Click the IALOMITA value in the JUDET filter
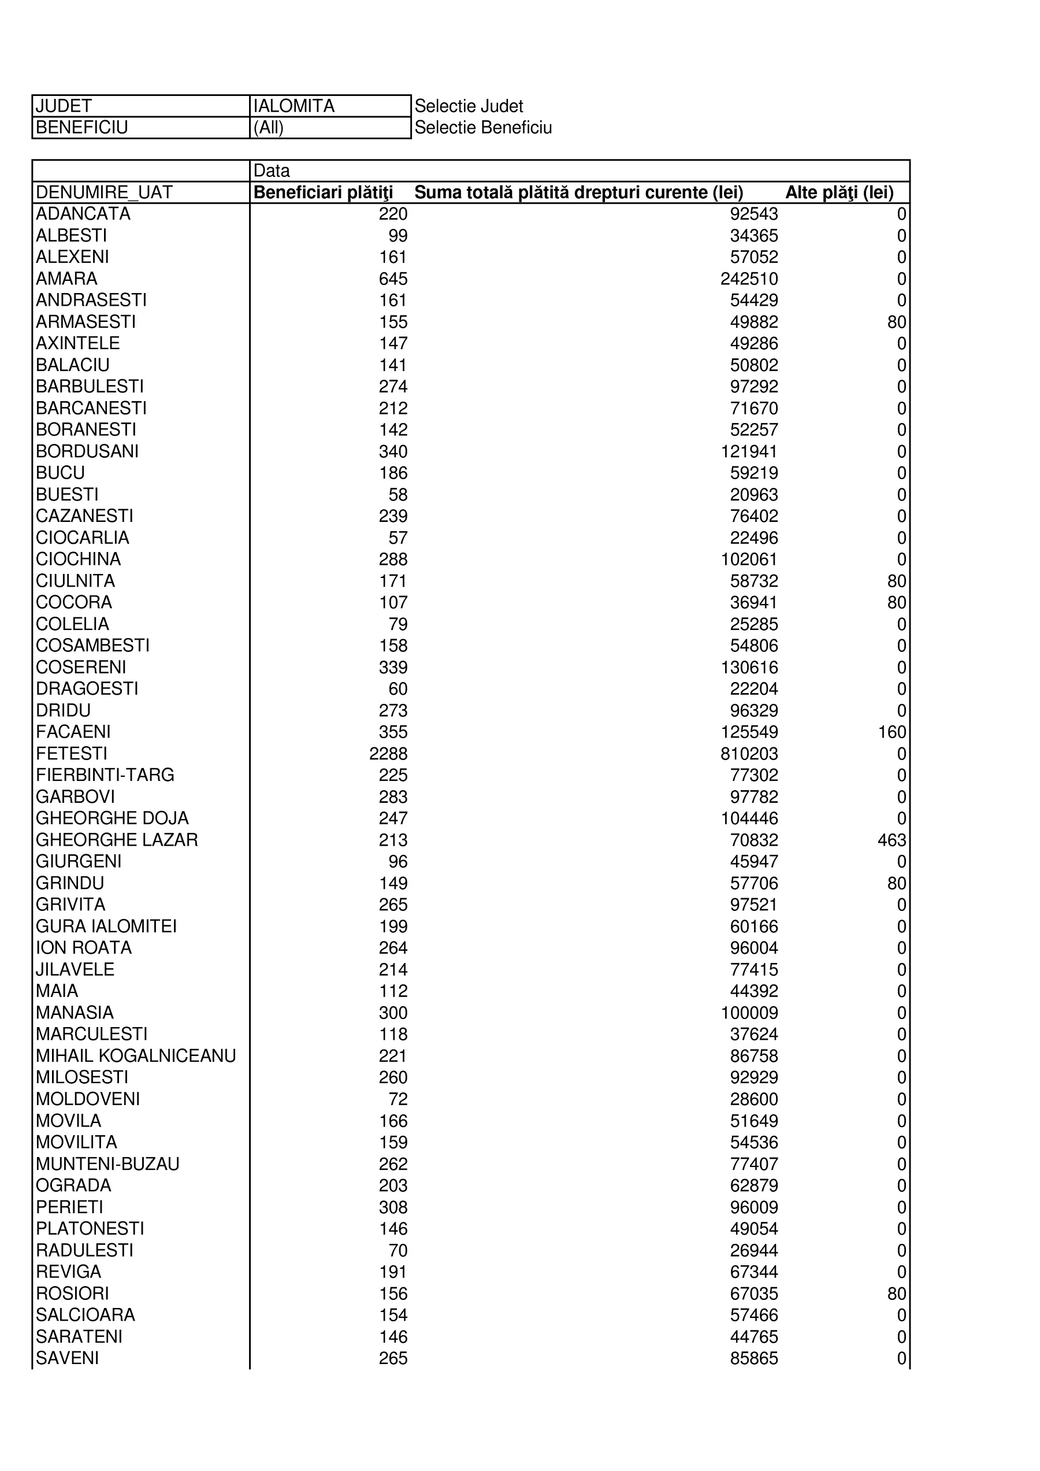click(294, 106)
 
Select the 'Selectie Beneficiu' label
click(483, 128)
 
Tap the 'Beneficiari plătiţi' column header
click(324, 192)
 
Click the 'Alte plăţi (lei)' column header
click(839, 192)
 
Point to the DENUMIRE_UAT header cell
click(104, 192)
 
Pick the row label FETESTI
click(72, 754)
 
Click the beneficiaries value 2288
click(388, 754)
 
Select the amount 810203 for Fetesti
click(749, 754)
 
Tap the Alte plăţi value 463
click(892, 840)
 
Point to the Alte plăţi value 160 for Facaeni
click(892, 732)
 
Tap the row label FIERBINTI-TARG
click(105, 775)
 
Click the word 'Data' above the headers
click(272, 171)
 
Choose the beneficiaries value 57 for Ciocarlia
click(398, 538)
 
